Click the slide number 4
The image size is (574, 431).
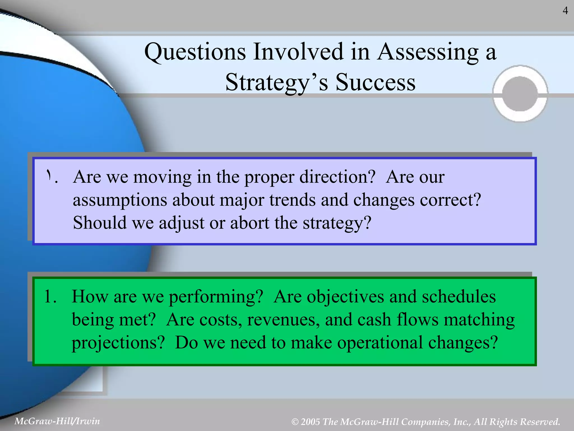565,11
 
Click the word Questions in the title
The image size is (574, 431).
195,52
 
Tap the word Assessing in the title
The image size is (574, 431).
428,52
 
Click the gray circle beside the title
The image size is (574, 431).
520,94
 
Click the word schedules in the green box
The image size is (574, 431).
459,297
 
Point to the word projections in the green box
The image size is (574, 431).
118,343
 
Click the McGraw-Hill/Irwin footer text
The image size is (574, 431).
57,421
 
